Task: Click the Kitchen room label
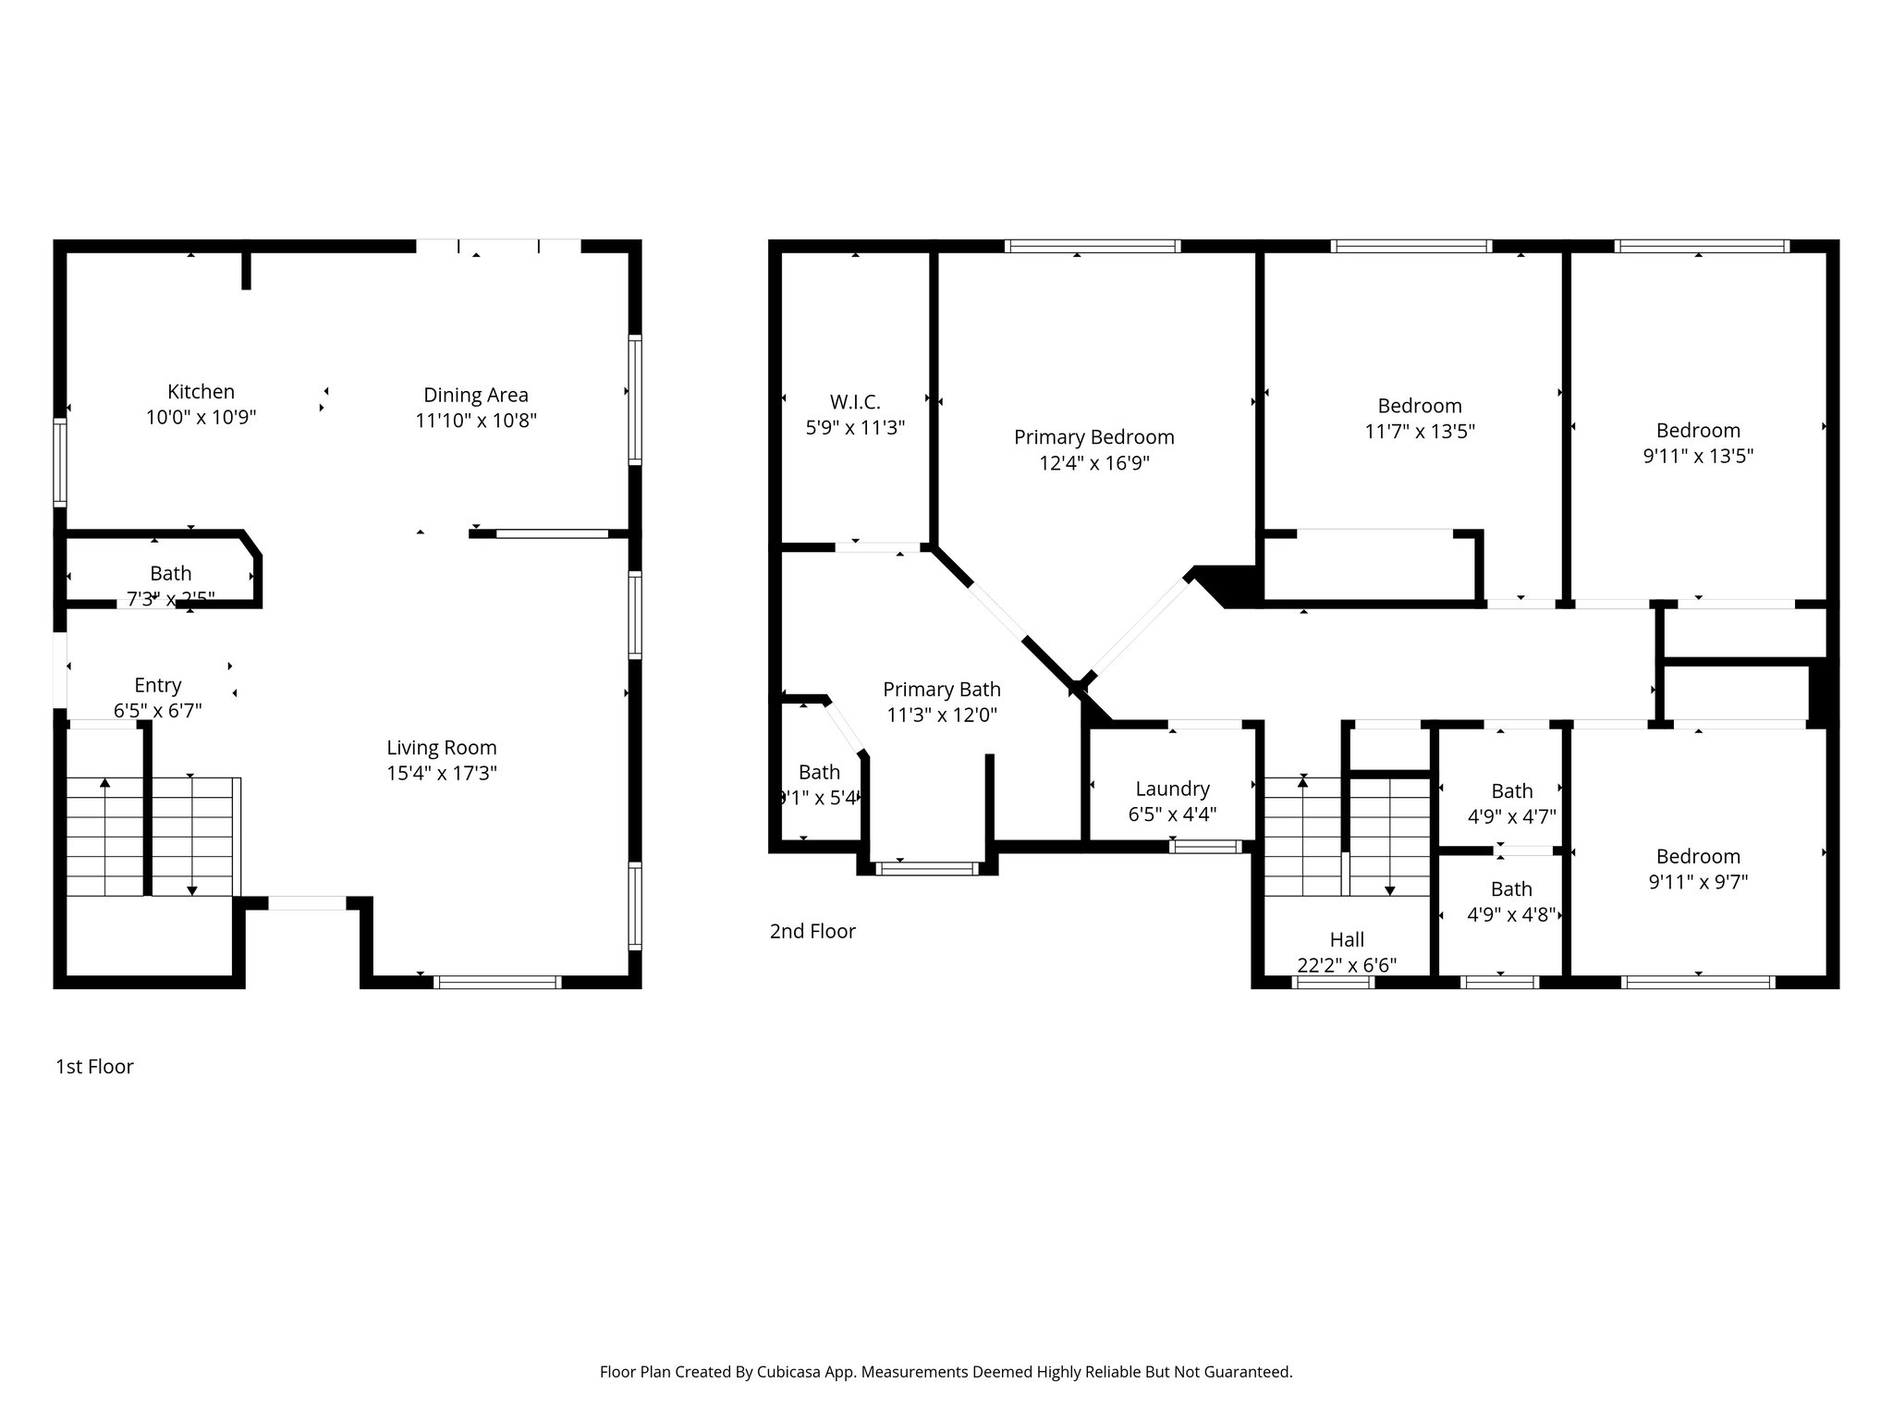pyautogui.click(x=201, y=392)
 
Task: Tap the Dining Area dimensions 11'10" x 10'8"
pyautogui.click(x=476, y=421)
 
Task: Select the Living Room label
pyautogui.click(x=441, y=747)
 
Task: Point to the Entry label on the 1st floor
pyautogui.click(x=157, y=685)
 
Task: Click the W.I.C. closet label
pyautogui.click(x=855, y=402)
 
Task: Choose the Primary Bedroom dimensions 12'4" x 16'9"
pyautogui.click(x=1093, y=463)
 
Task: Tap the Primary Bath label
pyautogui.click(x=941, y=690)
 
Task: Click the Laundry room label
pyautogui.click(x=1172, y=789)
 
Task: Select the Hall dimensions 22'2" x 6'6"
pyautogui.click(x=1347, y=965)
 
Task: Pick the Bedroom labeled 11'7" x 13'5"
pyautogui.click(x=1419, y=406)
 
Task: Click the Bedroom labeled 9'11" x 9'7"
pyautogui.click(x=1698, y=857)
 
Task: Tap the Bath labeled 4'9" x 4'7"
pyautogui.click(x=1511, y=791)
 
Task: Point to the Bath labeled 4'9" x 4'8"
pyautogui.click(x=1511, y=889)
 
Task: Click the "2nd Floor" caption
pyautogui.click(x=812, y=931)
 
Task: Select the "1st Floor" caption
pyautogui.click(x=94, y=1067)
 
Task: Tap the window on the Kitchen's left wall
pyautogui.click(x=60, y=462)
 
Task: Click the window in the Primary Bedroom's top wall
pyautogui.click(x=1093, y=246)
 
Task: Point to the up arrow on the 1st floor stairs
pyautogui.click(x=105, y=785)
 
